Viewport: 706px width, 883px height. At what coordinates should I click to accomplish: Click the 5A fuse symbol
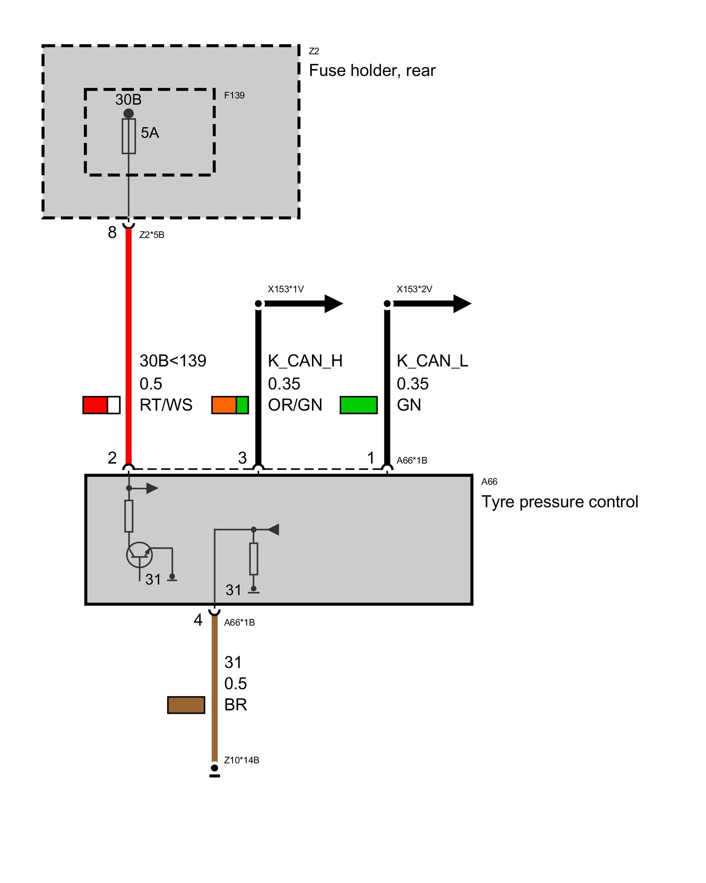(x=128, y=136)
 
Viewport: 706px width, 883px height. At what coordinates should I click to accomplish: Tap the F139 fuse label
(x=234, y=95)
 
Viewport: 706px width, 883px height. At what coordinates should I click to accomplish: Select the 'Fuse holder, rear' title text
(x=372, y=71)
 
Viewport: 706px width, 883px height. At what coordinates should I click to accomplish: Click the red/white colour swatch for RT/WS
(x=101, y=405)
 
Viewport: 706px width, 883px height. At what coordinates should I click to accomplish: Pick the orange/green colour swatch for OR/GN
(x=230, y=405)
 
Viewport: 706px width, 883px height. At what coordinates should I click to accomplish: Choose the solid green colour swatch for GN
(x=359, y=405)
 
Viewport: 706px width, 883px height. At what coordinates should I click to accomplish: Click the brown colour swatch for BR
(x=186, y=705)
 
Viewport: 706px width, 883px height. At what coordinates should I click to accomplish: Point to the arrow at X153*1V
(x=304, y=303)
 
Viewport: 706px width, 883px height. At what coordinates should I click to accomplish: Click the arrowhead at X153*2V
(x=462, y=303)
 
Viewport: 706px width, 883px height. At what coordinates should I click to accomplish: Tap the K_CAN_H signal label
(x=305, y=361)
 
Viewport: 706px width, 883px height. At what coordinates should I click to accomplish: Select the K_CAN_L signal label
(x=432, y=361)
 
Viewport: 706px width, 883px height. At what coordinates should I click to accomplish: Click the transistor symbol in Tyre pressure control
(x=139, y=555)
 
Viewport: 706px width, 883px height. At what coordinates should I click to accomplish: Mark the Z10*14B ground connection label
(x=241, y=760)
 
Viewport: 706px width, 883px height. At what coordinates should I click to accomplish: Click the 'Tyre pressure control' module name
(x=560, y=502)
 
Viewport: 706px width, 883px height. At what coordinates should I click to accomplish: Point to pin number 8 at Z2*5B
(x=112, y=232)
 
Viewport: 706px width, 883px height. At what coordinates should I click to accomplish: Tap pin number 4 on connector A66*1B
(x=198, y=620)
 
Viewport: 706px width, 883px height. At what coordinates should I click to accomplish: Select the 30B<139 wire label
(x=173, y=361)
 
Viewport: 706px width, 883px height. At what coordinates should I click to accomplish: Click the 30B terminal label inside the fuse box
(x=128, y=100)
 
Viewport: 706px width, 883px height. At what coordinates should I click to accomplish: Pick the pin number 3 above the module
(x=242, y=458)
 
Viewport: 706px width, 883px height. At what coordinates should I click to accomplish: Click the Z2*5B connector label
(x=152, y=235)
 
